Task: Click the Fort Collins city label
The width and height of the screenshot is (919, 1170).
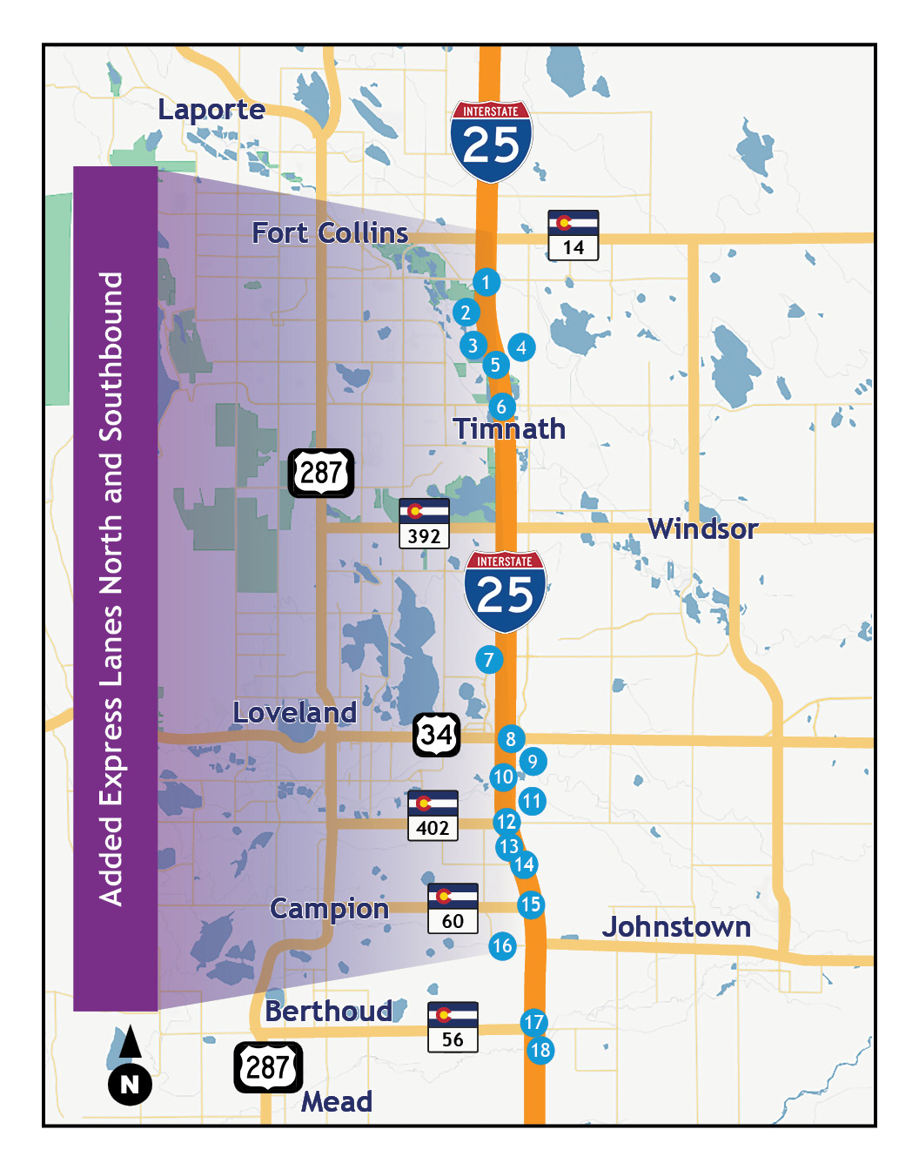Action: [x=330, y=233]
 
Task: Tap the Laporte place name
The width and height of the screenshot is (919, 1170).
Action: [x=211, y=110]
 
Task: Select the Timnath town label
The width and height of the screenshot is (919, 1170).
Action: [x=509, y=429]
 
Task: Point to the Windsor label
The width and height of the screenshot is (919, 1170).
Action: [x=702, y=528]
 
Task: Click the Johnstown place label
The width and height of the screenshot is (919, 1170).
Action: [x=676, y=927]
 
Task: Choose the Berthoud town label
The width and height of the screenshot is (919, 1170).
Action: [x=328, y=1012]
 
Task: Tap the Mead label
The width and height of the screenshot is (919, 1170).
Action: [x=337, y=1102]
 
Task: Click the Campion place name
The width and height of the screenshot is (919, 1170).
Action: [x=329, y=909]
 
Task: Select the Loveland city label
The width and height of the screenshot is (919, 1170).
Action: [x=294, y=713]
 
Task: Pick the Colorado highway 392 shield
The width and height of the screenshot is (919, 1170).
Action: [x=424, y=523]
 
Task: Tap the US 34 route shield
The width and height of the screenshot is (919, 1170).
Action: [x=436, y=735]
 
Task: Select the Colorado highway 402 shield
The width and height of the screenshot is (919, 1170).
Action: [x=433, y=815]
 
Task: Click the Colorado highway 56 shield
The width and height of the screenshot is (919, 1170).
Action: [x=453, y=1027]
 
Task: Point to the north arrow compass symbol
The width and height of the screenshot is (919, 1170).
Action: [x=130, y=1066]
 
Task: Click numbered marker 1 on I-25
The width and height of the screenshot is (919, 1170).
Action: [x=486, y=282]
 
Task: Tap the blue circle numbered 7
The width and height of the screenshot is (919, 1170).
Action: [x=489, y=660]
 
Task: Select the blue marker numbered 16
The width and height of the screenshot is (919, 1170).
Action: [x=502, y=946]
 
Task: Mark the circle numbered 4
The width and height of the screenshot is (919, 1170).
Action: [x=521, y=347]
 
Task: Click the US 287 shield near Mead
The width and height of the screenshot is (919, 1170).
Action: [x=268, y=1067]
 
